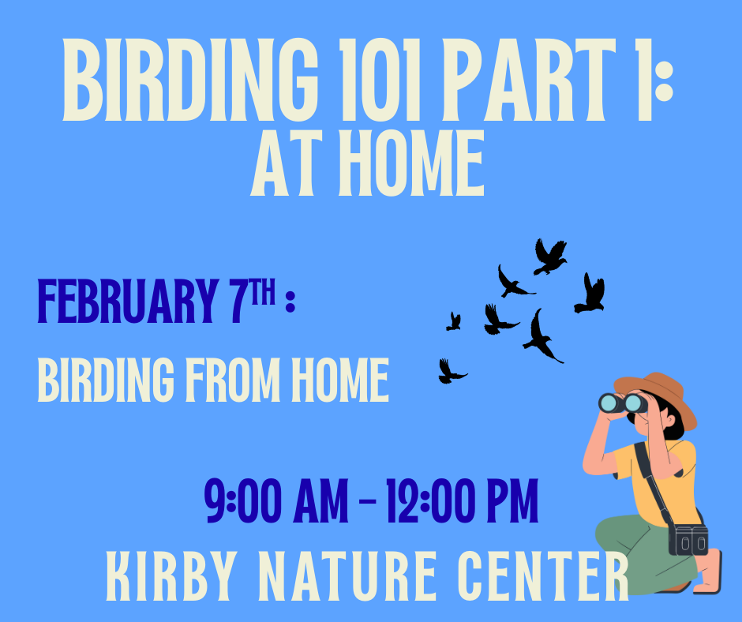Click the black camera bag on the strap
(x=688, y=540)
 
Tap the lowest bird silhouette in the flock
(x=451, y=372)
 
